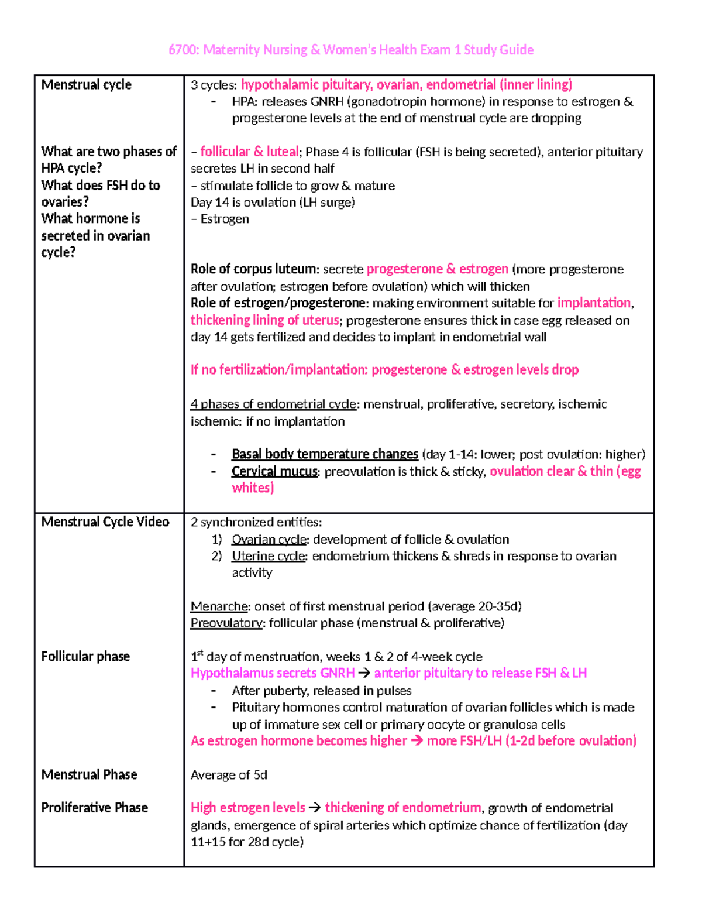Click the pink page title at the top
(x=350, y=50)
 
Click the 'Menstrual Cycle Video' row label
(x=105, y=522)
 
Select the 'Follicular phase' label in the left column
(x=85, y=656)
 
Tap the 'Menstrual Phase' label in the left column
(x=89, y=774)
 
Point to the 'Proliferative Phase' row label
(x=94, y=808)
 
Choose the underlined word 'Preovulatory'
(x=226, y=623)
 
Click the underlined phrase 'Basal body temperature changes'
(x=325, y=454)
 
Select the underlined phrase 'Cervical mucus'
(x=274, y=471)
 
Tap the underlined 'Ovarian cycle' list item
(x=269, y=539)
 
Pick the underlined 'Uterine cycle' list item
(x=269, y=556)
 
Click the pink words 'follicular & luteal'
(x=249, y=152)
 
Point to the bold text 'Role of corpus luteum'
(x=253, y=269)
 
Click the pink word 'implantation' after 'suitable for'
(x=594, y=303)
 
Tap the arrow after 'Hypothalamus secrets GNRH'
(x=364, y=673)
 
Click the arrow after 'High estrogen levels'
(x=315, y=808)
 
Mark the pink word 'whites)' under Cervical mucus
(x=253, y=488)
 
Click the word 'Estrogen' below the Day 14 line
(x=225, y=219)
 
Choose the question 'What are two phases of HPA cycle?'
(x=108, y=159)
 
